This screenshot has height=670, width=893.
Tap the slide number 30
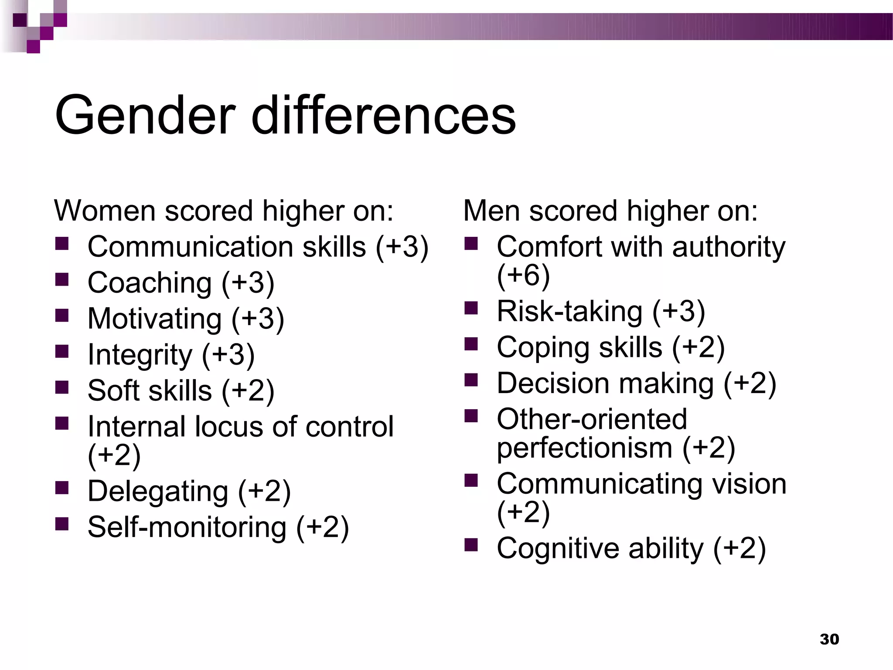point(829,639)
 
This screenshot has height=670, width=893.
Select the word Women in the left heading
point(105,211)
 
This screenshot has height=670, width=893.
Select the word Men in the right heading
point(491,211)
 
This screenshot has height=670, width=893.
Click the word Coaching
point(150,283)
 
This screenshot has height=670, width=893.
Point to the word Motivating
point(154,318)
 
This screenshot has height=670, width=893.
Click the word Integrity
point(140,354)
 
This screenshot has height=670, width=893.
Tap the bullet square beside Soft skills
point(62,387)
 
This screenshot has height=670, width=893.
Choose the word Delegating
point(158,491)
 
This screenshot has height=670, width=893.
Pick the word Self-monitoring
point(187,527)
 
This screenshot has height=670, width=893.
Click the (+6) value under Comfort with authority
point(523,275)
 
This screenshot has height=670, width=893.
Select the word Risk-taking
point(569,311)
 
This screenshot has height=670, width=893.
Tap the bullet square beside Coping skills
point(471,344)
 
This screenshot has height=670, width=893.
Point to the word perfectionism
point(584,448)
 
